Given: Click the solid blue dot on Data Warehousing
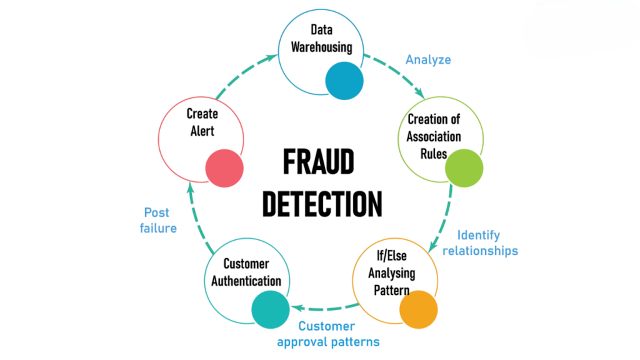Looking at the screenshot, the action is point(344,81).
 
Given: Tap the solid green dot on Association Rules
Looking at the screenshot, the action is point(464,168).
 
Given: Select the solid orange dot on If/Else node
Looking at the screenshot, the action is point(418,310).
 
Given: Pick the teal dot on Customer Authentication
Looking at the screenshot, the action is point(271,310).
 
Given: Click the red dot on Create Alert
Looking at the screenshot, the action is point(224,168).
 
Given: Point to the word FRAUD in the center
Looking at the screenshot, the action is point(319,162).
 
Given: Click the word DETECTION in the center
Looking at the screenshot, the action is point(322,204).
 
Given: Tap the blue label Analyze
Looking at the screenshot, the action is point(428,60).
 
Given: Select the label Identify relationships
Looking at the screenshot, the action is point(481,243).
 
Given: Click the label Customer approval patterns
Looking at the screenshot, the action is point(328,334).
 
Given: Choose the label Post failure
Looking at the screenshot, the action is point(158,221).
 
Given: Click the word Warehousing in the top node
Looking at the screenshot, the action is point(322,47).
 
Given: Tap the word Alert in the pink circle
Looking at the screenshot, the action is point(202,131).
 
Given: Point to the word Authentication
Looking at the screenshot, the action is point(246,281).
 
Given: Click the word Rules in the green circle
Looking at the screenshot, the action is point(434,154).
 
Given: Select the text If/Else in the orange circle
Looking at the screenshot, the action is point(392,256).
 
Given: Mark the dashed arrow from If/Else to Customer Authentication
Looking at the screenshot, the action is point(324,307).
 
